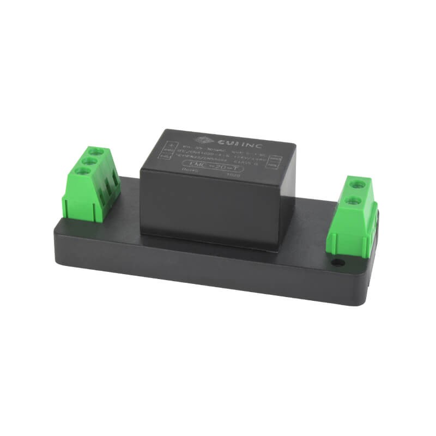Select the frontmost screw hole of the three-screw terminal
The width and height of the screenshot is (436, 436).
pyautogui.click(x=84, y=172)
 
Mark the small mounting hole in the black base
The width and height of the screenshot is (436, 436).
pyautogui.click(x=338, y=263)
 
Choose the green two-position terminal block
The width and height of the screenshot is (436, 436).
pyautogui.click(x=354, y=215)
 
